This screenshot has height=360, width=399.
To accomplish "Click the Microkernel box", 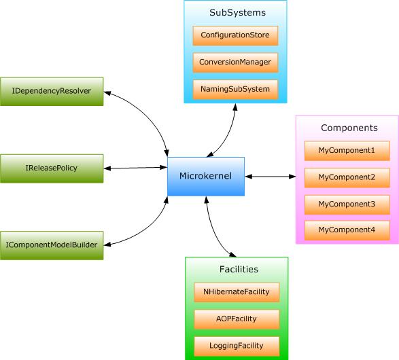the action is point(206,177).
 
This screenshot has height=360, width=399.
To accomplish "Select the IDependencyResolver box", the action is point(52,91).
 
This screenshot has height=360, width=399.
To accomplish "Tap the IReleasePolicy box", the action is point(52,168).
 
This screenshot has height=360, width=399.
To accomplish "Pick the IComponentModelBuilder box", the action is point(52,245).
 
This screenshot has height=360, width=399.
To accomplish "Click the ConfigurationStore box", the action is point(235,35).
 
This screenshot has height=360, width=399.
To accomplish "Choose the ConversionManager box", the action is point(235,62).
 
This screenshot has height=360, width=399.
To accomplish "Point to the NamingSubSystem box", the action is point(235,90).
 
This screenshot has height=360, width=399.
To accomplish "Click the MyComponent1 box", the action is point(347,151).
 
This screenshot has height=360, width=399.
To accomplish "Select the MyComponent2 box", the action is point(347,178).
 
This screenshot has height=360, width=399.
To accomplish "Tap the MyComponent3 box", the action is point(347,204).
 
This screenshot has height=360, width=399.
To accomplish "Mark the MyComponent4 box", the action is point(347,230).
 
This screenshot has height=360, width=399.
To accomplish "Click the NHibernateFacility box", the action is point(237,292).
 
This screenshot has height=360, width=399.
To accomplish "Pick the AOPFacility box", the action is point(237,319).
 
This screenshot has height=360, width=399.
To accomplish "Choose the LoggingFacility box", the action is point(237,346).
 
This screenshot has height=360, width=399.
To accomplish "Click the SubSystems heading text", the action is point(237,13).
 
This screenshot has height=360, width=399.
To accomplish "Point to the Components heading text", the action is point(349,128).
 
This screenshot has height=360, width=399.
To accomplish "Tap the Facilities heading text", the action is point(239,269).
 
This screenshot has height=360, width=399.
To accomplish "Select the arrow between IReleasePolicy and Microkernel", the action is point(135,168).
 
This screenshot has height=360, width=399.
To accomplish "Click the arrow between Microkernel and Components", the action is point(271,177).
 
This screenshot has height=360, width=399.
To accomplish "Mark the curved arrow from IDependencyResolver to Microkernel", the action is point(146,113).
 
